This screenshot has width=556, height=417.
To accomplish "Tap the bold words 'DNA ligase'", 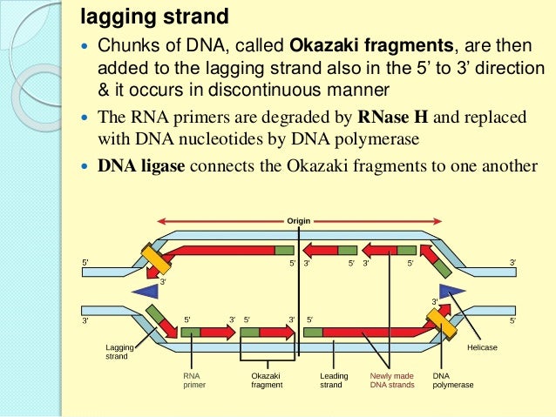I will pos(140,165).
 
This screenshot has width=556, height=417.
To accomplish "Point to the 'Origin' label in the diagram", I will pos(298,220).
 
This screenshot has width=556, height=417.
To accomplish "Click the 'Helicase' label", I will pos(482,347).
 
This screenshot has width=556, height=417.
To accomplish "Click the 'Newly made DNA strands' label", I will pos(388,380).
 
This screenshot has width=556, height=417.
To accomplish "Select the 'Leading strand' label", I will pos(334,380).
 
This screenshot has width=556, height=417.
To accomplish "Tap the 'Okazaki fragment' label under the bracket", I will pos(267,380).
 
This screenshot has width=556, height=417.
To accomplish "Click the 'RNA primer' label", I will pos(193,380).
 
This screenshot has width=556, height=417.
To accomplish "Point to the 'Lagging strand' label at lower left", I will pos(116,351).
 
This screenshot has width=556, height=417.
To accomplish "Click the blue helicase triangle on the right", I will pos(452,290).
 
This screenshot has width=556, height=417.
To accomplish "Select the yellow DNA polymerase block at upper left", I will pos(157,259).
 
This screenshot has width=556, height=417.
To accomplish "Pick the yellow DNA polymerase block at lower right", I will pos(441,324).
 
